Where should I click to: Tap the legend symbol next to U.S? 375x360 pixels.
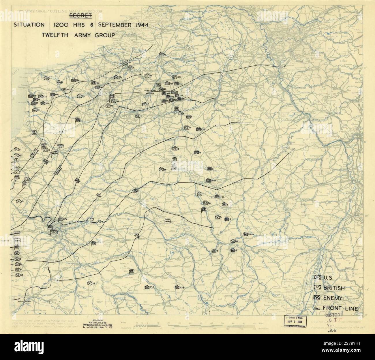tap(318, 278)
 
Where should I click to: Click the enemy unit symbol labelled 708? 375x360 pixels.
tap(177, 287)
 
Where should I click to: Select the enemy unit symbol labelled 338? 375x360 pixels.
tap(147, 287)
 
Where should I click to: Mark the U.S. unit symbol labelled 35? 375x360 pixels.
tap(89, 283)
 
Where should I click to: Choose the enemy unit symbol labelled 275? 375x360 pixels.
tap(198, 129)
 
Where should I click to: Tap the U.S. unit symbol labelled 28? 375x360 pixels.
tap(161, 169)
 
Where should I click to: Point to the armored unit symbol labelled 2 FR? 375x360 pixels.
tap(61, 219)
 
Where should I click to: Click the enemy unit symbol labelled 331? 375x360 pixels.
tap(42, 103)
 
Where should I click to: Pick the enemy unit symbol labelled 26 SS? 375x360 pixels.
tap(245, 234)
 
